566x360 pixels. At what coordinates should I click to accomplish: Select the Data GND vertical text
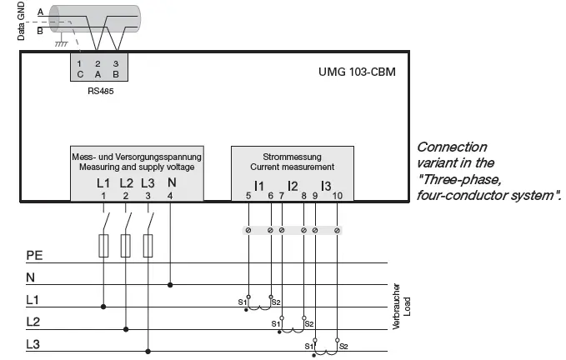pos(22,22)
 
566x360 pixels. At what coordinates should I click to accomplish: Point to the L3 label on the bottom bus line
pos(33,343)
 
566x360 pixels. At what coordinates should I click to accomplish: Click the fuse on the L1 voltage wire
pos(103,245)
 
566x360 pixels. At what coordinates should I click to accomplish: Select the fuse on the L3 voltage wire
pos(148,245)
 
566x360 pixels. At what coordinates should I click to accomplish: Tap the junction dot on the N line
pos(171,284)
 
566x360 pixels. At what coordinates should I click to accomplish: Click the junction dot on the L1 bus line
pos(103,306)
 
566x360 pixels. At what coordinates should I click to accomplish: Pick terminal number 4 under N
pos(171,195)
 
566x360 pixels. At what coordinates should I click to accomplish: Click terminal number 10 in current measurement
pos(337,195)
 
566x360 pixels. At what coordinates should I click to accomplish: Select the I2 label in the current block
pos(293,184)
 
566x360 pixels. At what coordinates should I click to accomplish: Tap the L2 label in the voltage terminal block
pos(126,182)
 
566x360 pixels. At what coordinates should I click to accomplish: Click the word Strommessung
pos(292,157)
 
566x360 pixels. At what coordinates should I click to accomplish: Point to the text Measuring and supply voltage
pos(137,167)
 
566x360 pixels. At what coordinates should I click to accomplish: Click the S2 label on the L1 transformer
pos(277,301)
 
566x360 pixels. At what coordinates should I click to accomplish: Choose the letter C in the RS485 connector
pos(79,73)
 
